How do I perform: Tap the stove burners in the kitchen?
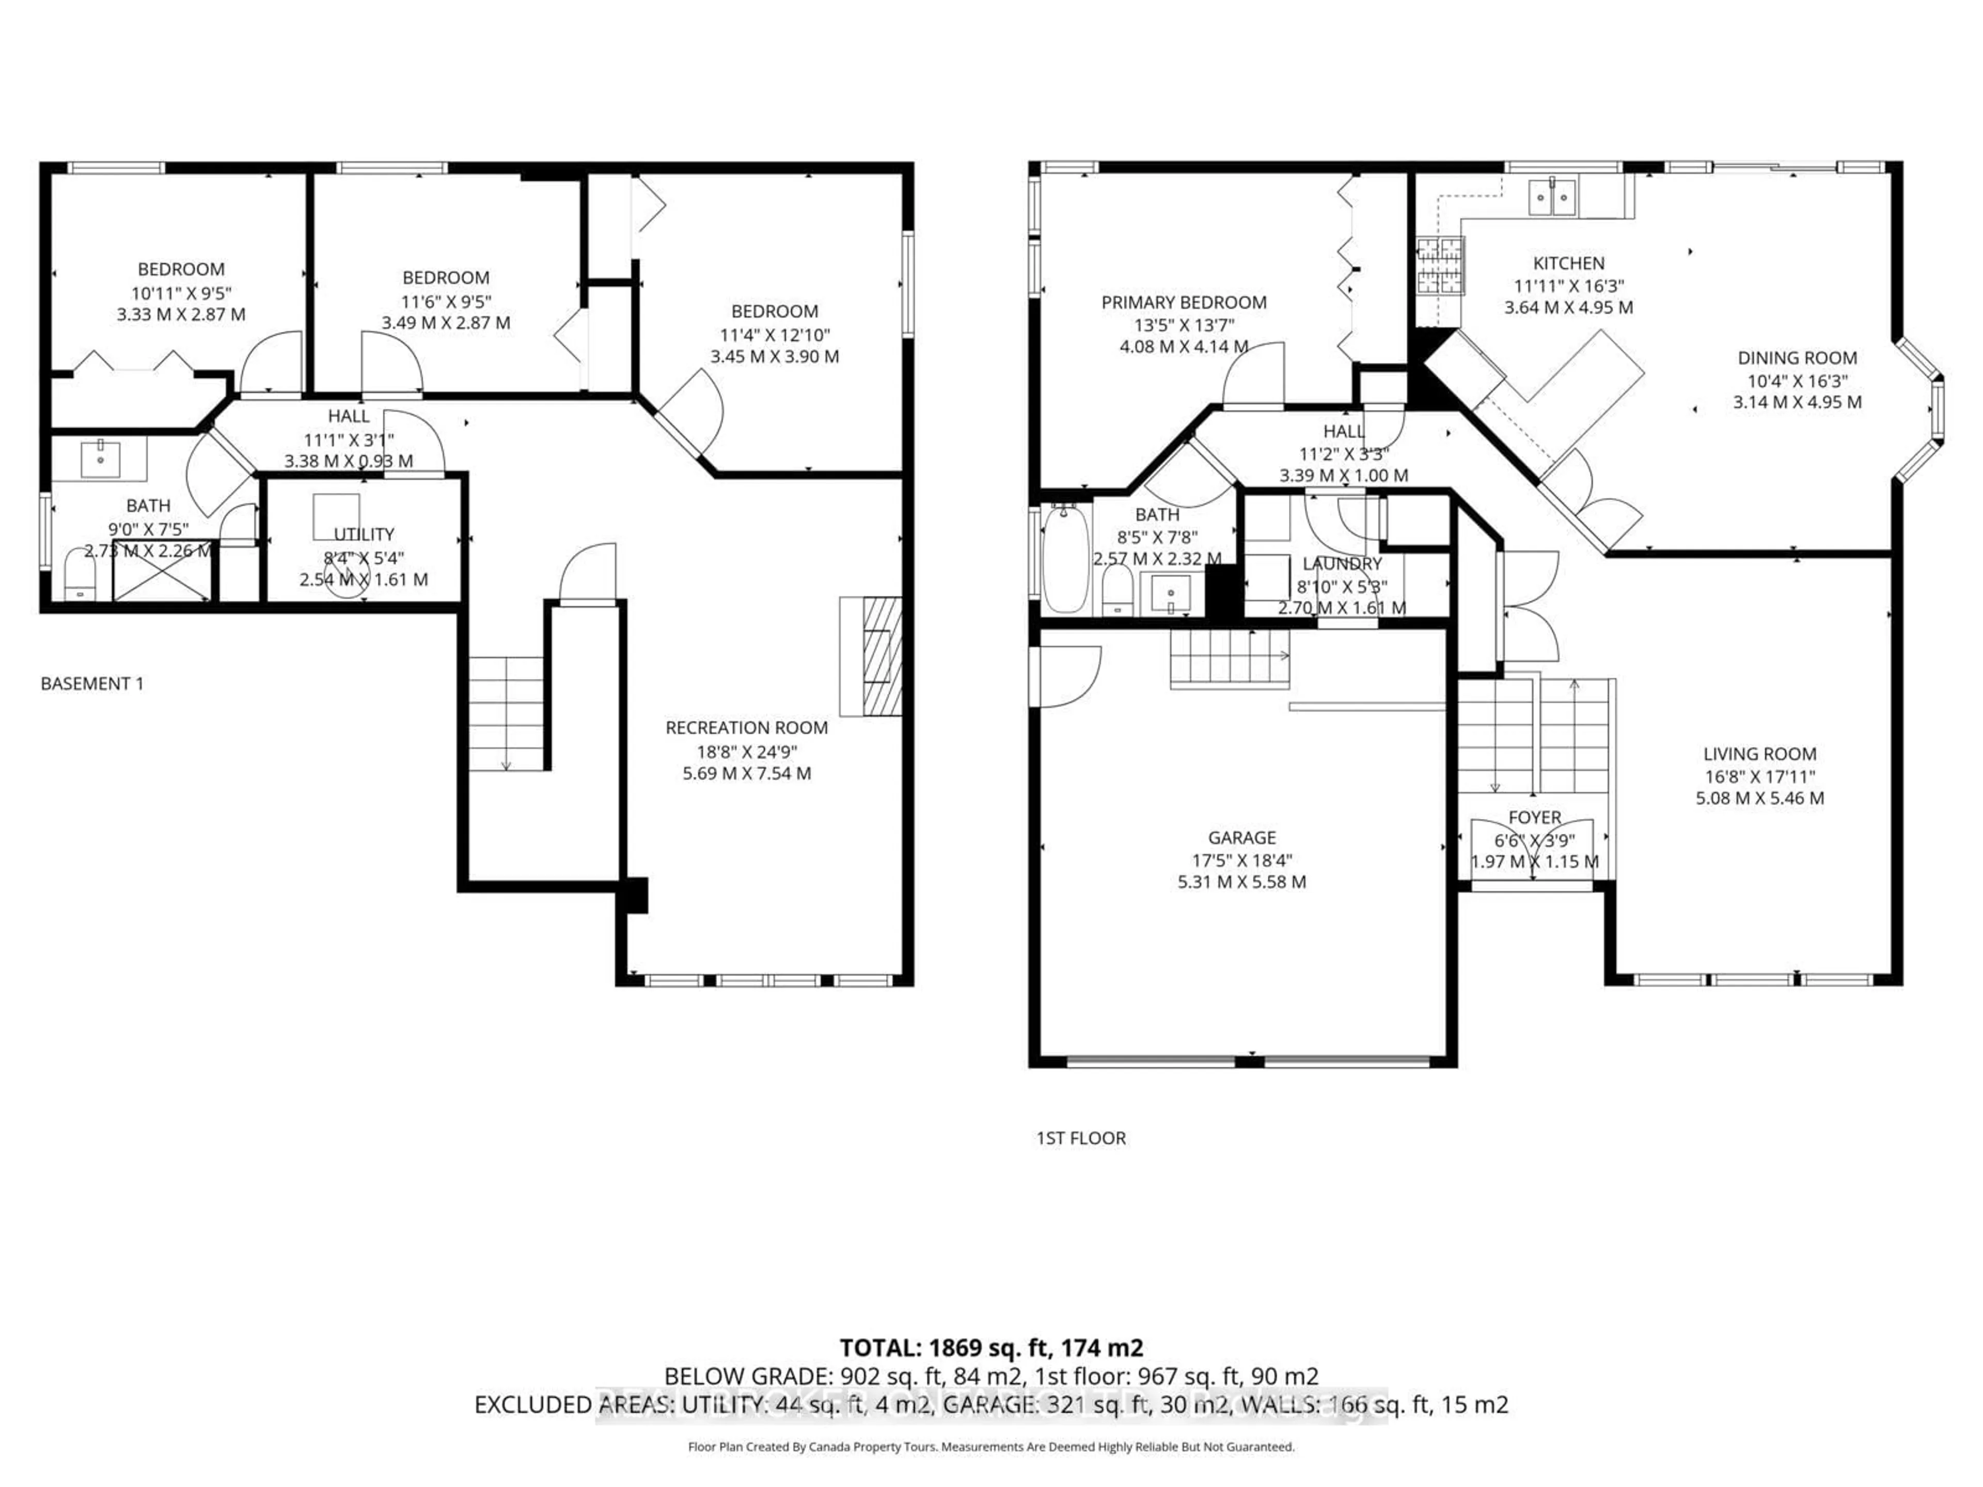click(1440, 266)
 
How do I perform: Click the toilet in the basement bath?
click(80, 576)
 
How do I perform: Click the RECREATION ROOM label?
click(746, 728)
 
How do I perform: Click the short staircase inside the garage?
click(1229, 659)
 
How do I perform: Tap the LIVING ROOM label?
click(1759, 755)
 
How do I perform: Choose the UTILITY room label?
click(364, 534)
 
